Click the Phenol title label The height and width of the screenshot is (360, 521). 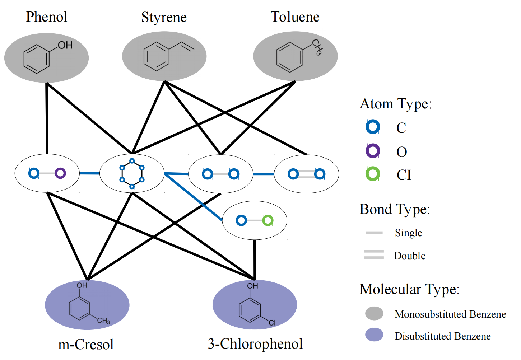[47, 17]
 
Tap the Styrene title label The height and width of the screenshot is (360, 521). [164, 17]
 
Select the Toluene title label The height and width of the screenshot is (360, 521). [295, 17]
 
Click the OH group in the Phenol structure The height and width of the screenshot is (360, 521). [65, 45]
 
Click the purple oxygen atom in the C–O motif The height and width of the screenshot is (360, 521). [60, 173]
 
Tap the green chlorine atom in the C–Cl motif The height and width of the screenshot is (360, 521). [268, 220]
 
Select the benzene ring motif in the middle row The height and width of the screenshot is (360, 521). [132, 173]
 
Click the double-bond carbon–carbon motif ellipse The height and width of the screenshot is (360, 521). [306, 174]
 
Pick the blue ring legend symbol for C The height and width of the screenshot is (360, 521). [373, 127]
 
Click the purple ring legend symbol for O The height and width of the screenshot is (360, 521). [373, 151]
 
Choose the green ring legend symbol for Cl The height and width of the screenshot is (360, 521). [373, 174]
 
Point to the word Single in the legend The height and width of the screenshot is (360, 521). [408, 233]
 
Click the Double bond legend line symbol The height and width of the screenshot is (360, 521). [374, 254]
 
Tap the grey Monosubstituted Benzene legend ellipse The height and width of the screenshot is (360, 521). [374, 313]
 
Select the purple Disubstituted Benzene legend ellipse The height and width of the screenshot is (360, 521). [374, 335]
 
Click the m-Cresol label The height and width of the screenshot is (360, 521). [86, 344]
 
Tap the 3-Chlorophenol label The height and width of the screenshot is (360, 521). [255, 343]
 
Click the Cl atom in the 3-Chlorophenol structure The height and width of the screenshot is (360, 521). [272, 323]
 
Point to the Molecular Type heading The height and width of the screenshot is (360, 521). [409, 289]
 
